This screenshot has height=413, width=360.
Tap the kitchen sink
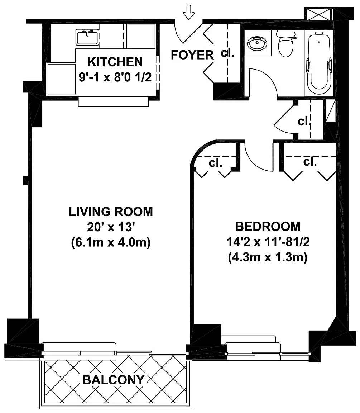(x=87, y=37)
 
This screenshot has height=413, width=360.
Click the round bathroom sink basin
(x=257, y=44)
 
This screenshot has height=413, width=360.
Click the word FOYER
(x=192, y=55)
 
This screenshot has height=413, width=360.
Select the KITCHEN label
(x=115, y=62)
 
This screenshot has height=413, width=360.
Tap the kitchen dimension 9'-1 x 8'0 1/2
(x=115, y=77)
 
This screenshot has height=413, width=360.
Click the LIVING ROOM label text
(x=111, y=212)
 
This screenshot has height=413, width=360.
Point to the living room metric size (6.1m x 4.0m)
(x=111, y=242)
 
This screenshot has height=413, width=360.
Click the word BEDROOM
(x=268, y=227)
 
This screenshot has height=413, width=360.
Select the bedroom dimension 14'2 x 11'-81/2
(x=268, y=242)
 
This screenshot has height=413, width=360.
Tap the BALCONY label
(x=114, y=380)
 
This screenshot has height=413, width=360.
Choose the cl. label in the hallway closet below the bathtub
(x=304, y=122)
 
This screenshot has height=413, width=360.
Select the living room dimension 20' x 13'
(x=111, y=227)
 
